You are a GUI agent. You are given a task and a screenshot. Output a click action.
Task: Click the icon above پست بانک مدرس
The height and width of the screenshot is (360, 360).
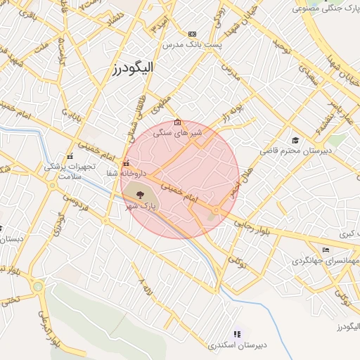pyautogui.click(x=193, y=34)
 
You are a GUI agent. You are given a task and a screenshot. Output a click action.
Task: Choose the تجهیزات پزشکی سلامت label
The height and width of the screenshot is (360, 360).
pyautogui.click(x=63, y=172)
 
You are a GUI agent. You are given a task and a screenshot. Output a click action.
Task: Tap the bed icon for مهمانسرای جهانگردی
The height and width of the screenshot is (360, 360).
pyautogui.click(x=325, y=250)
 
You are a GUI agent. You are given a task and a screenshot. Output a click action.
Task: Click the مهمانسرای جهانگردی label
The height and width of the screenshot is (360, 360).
pyautogui.click(x=324, y=261)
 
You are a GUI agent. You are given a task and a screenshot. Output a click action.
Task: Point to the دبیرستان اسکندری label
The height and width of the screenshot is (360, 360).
pyautogui.click(x=237, y=345)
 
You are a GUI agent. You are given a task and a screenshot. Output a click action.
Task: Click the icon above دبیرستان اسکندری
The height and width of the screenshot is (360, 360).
pyautogui.click(x=236, y=333)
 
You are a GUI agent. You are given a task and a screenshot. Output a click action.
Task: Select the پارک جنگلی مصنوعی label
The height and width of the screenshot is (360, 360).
pyautogui.click(x=324, y=9)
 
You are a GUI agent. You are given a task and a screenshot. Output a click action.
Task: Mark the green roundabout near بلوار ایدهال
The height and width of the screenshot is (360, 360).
pyautogui.click(x=38, y=286)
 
